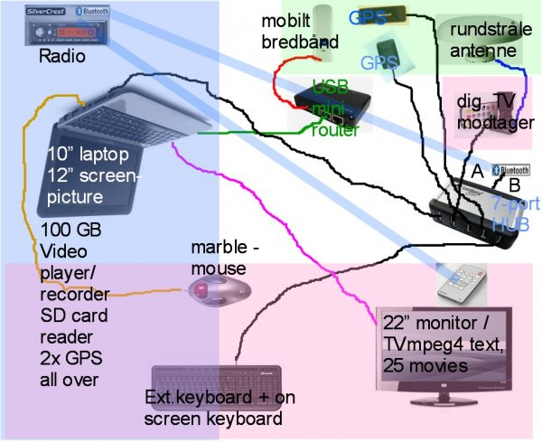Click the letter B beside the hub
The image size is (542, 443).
coord(514,186)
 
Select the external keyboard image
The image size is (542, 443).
coord(217,379)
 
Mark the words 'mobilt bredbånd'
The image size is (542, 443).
coord(300,33)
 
